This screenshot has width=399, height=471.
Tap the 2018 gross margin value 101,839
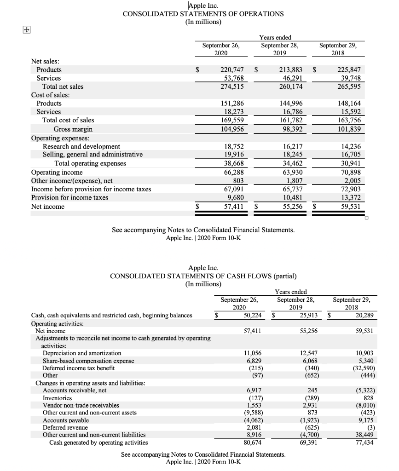point(350,129)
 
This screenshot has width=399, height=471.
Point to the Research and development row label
point(81,146)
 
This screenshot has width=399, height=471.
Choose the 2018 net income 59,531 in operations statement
point(350,207)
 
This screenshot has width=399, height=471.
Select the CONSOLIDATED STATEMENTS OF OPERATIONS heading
point(203,14)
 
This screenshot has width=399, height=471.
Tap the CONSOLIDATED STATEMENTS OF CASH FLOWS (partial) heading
point(203,276)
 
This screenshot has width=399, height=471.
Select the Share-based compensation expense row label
point(88,361)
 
